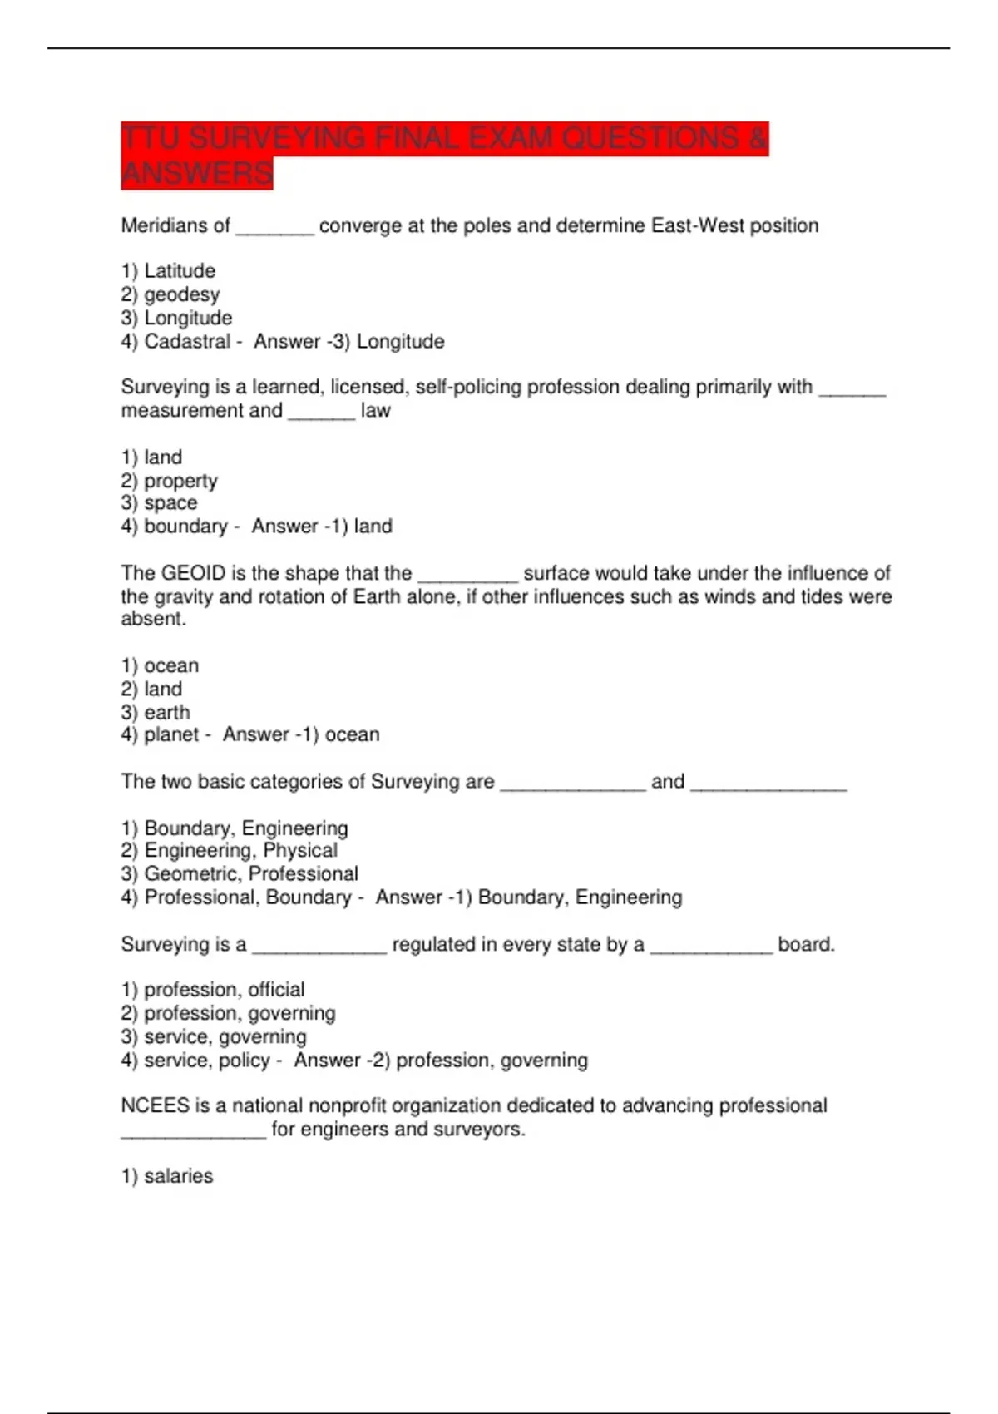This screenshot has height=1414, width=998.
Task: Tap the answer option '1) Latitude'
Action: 168,271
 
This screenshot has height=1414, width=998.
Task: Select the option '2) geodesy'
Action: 170,294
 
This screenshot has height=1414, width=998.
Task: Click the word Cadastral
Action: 187,341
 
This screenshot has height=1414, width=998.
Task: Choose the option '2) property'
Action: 169,481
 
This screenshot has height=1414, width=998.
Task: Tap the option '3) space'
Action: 159,503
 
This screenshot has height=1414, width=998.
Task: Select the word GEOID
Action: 193,573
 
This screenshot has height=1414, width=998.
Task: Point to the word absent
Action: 153,619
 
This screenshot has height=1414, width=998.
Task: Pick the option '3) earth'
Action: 156,713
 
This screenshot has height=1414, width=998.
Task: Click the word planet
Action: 171,735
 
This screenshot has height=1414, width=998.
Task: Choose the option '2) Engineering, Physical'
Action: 230,851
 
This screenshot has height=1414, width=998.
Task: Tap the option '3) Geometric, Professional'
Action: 240,874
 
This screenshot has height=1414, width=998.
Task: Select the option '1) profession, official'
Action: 213,990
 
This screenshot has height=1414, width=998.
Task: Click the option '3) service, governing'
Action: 214,1037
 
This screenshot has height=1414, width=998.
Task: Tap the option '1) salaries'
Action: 167,1176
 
